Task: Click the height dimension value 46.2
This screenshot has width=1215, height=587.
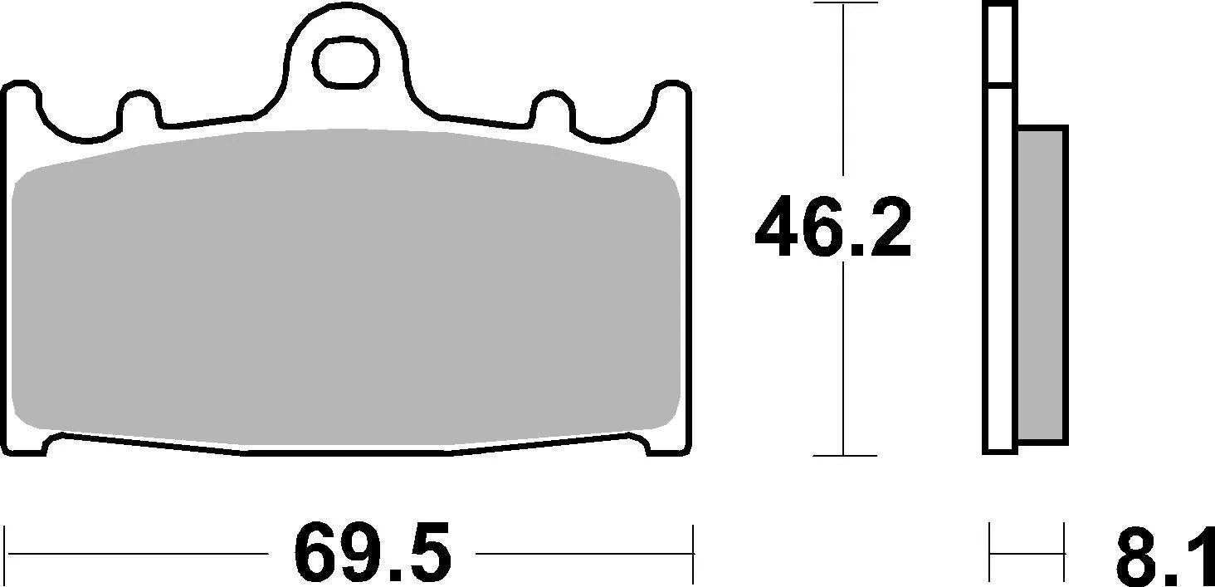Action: pyautogui.click(x=832, y=227)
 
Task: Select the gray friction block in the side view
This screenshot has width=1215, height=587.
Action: pyautogui.click(x=1042, y=284)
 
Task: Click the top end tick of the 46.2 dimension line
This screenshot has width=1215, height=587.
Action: pyautogui.click(x=844, y=3)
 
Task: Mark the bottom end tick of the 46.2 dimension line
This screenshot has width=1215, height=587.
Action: pyautogui.click(x=844, y=456)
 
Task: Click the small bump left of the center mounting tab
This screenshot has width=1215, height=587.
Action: pyautogui.click(x=139, y=108)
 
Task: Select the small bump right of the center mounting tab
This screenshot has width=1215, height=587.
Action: pyautogui.click(x=550, y=108)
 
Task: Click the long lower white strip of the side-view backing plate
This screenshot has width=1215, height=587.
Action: pyautogui.click(x=999, y=270)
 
